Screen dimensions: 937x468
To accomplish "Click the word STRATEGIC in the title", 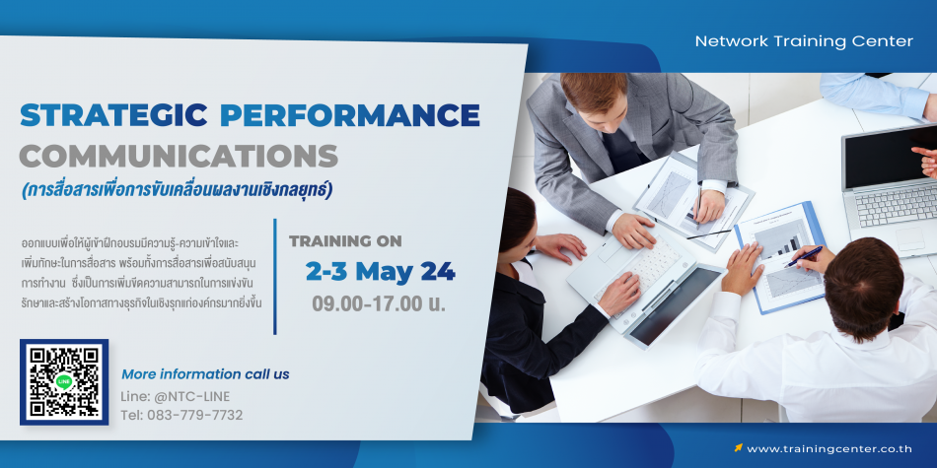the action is [x=113, y=115].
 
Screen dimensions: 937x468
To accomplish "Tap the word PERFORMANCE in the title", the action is [x=349, y=115].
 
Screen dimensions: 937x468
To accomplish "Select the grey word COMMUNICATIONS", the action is [x=179, y=157].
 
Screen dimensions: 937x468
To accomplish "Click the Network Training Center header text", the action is [x=804, y=41].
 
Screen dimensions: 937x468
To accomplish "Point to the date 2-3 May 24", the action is [x=380, y=272].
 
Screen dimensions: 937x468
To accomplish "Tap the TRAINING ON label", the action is [x=345, y=241].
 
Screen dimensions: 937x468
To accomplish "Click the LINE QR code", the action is [x=64, y=382].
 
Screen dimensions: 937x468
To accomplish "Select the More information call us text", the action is [x=205, y=374].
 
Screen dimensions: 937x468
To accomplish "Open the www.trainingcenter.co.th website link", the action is [x=829, y=449].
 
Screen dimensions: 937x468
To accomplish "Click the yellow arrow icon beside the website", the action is [x=738, y=447].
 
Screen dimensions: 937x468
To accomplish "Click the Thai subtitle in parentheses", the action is [x=177, y=190].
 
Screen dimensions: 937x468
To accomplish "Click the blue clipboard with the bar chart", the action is [x=780, y=257].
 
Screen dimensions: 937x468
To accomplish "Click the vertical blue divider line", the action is [x=275, y=277].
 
